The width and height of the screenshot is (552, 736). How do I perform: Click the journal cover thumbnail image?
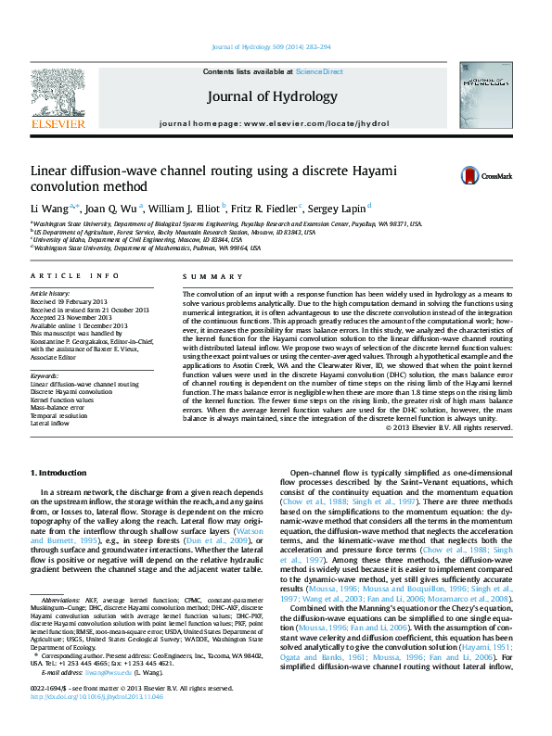pyautogui.click(x=486, y=100)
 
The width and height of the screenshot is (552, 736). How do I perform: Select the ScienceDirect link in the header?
pyautogui.click(x=319, y=71)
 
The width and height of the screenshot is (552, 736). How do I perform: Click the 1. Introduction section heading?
pyautogui.click(x=58, y=473)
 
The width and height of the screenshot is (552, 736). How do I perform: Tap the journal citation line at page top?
pyautogui.click(x=272, y=46)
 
